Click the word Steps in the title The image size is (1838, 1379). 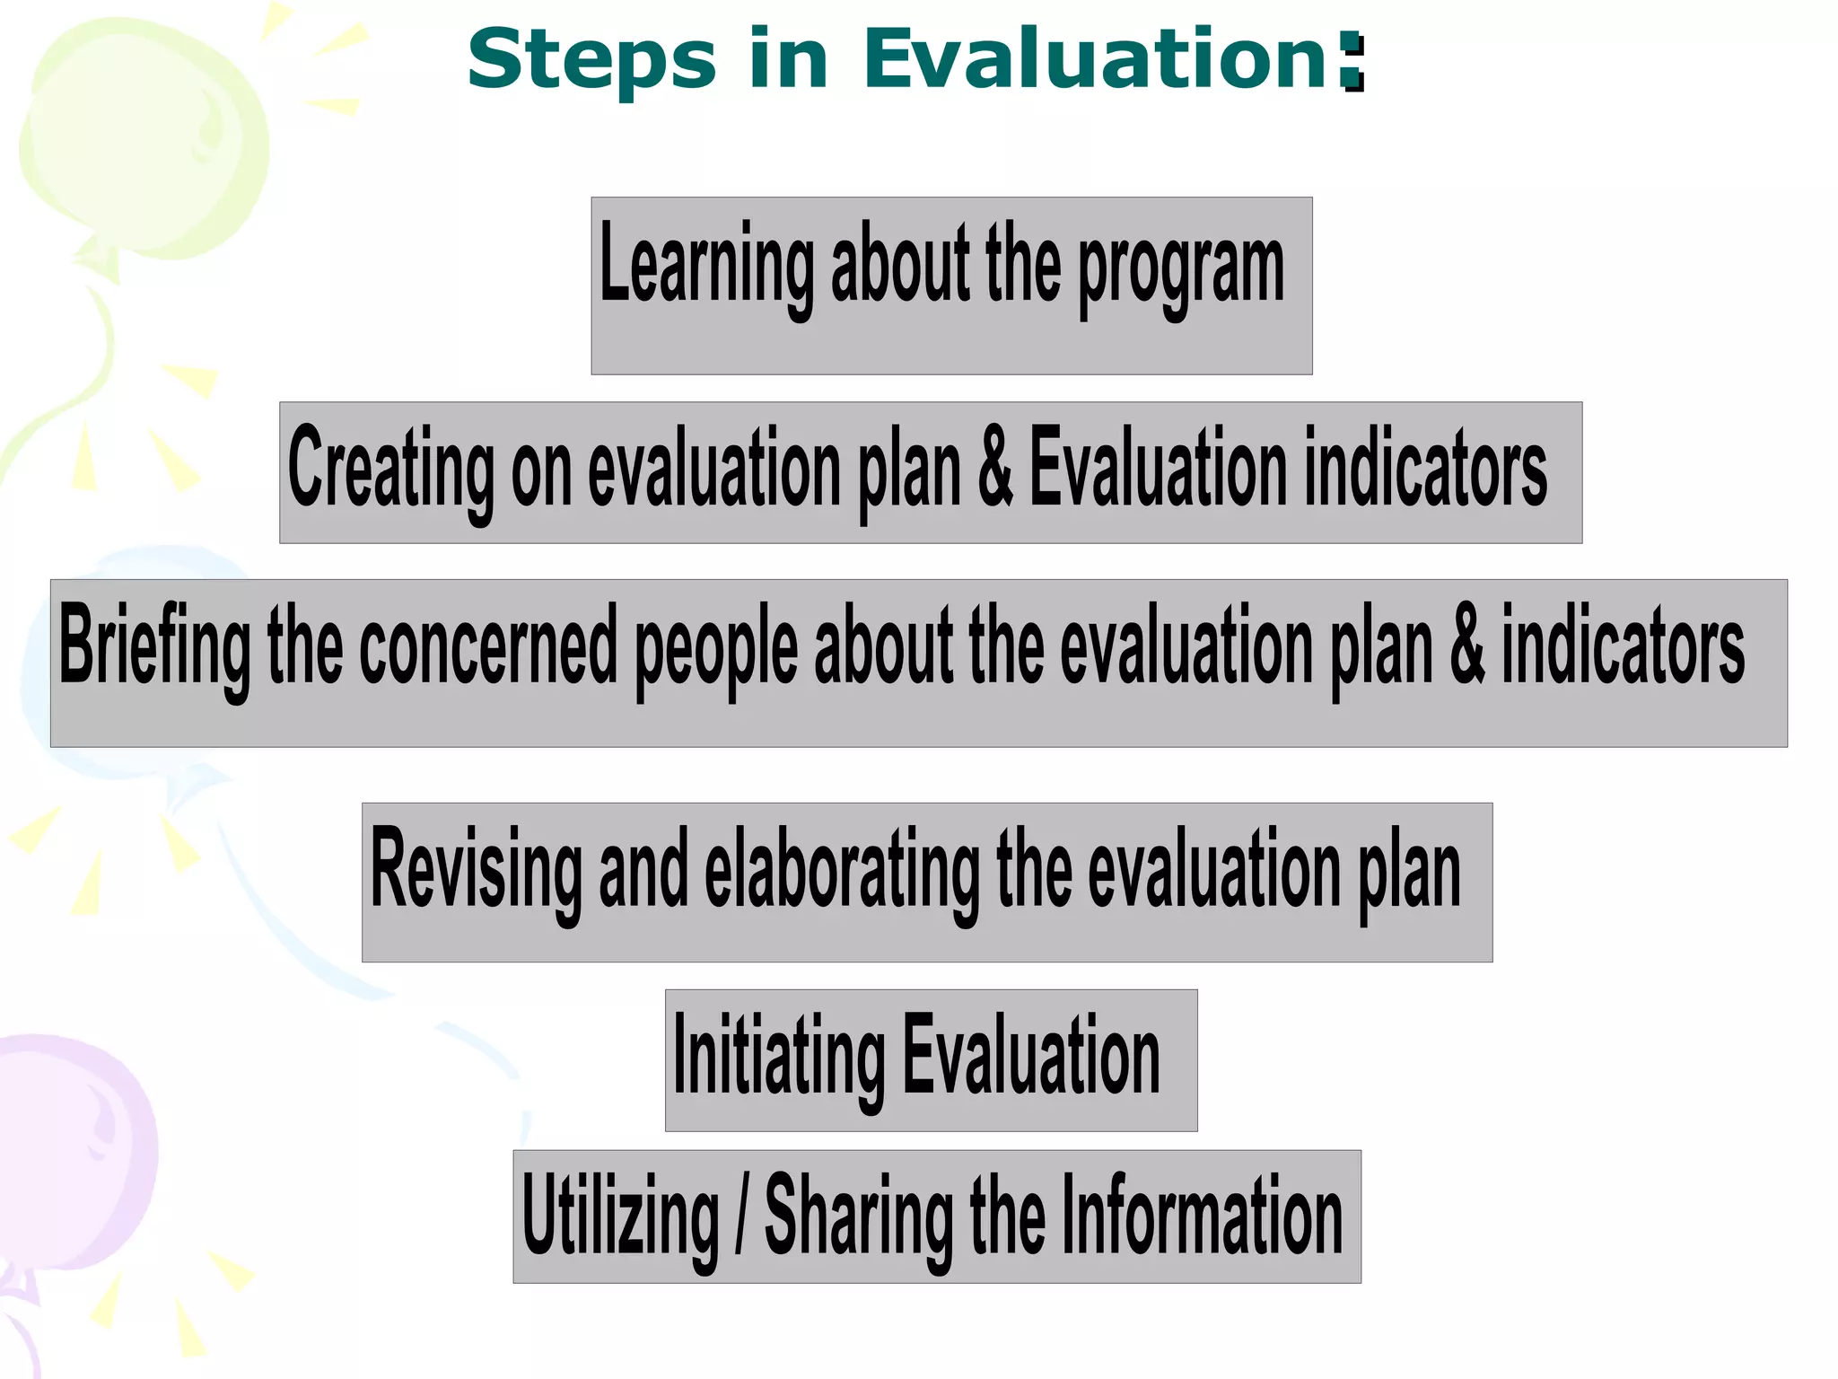pos(591,60)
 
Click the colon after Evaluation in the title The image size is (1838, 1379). pos(1352,62)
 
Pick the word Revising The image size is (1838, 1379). pos(476,869)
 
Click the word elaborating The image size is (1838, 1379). pos(842,869)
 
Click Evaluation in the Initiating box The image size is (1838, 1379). pos(1030,1055)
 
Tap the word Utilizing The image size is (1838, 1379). pos(620,1217)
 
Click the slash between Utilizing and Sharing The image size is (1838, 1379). pos(741,1217)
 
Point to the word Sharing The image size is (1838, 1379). pos(859,1217)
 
